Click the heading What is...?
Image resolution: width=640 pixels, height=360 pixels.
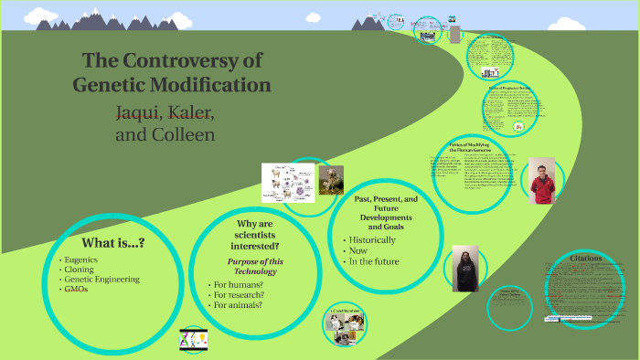click(112, 243)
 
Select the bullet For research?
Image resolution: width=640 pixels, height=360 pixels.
click(240, 294)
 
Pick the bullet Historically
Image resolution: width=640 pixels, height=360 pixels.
click(373, 239)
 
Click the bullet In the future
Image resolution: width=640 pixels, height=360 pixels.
click(375, 261)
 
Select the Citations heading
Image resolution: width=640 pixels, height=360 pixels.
click(585, 259)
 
